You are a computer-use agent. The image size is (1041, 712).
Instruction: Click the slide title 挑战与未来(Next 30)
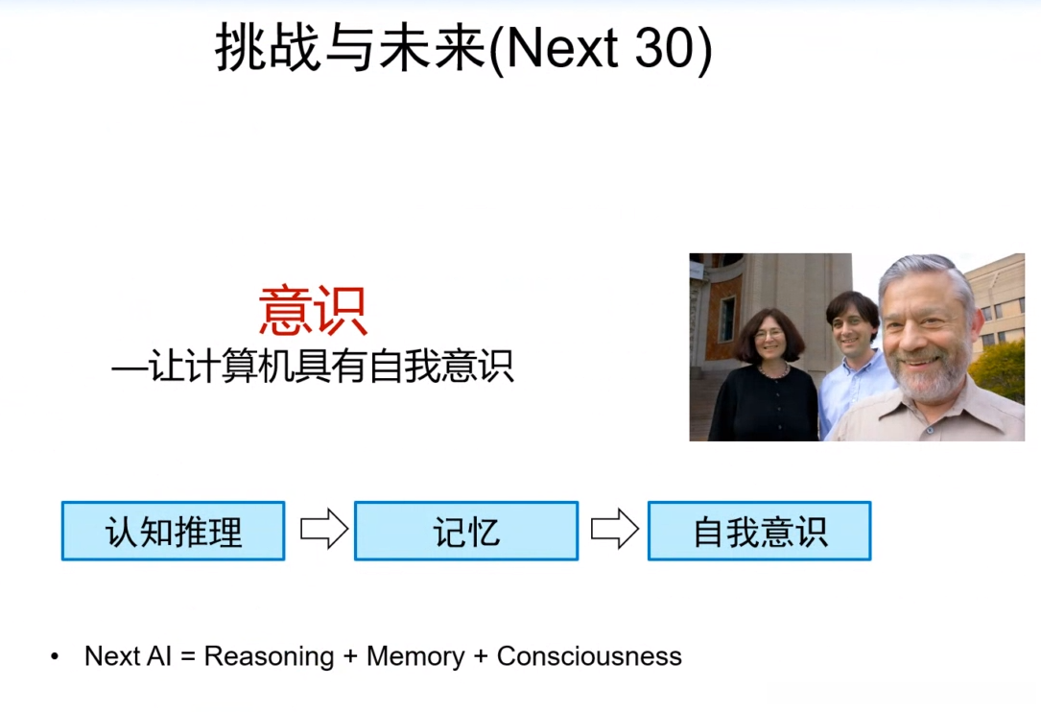(463, 49)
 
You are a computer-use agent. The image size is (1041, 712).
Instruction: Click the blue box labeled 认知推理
(173, 531)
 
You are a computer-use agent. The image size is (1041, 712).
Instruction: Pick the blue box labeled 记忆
(466, 531)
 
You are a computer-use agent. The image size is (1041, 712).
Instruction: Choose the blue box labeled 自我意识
(759, 531)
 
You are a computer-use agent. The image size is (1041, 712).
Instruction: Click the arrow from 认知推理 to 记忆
(323, 530)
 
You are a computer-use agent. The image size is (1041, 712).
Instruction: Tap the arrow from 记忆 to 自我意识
(614, 530)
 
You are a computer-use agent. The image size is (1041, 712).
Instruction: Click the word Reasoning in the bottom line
(269, 656)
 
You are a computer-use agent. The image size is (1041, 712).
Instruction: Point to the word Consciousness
(589, 656)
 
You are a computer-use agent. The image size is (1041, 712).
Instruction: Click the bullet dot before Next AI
(55, 657)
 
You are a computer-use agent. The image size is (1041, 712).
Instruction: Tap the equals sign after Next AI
(187, 657)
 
